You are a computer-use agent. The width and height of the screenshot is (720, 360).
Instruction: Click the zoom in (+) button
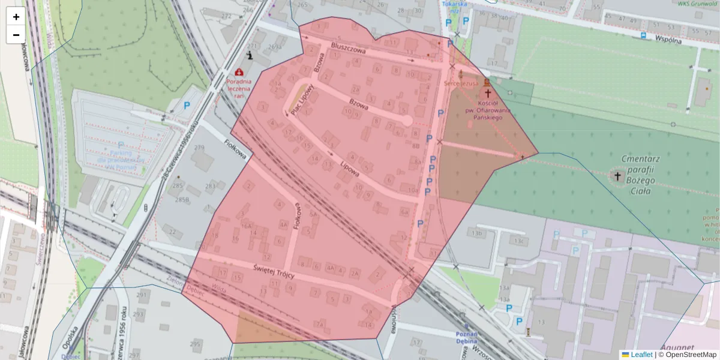[16, 17]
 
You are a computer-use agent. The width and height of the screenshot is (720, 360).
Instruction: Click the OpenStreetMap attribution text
[689, 355]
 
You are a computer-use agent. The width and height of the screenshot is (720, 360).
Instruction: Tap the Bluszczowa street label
[348, 49]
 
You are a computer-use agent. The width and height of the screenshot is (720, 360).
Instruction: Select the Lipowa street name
[349, 167]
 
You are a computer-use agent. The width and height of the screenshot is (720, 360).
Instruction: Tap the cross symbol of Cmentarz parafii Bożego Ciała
[617, 176]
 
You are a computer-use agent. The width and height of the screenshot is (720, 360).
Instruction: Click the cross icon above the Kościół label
[488, 94]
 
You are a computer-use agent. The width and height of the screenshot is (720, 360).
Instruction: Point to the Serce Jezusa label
[461, 83]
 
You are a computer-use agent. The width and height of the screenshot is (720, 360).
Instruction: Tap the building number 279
[199, 148]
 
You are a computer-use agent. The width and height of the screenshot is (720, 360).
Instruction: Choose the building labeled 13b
[476, 232]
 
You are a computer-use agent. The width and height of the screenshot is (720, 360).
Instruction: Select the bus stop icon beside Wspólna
[643, 35]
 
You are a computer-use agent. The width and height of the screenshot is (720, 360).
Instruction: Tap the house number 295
[195, 344]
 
